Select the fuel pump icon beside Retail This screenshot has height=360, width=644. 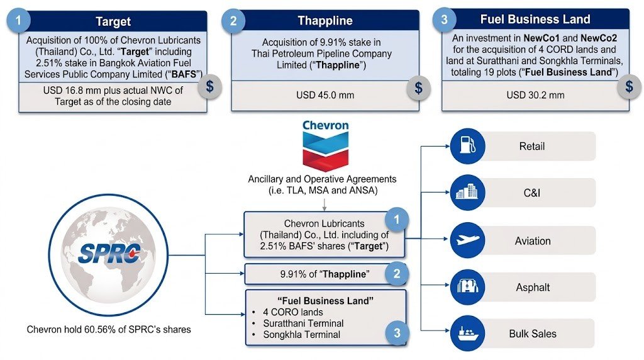(467, 147)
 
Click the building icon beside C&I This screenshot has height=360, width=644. (467, 193)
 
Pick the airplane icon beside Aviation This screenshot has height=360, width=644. (467, 240)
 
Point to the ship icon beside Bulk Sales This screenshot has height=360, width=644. (467, 333)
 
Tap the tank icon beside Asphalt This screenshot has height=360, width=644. (467, 287)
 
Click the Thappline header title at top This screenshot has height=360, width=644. (325, 20)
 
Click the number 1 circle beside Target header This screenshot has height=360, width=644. (19, 20)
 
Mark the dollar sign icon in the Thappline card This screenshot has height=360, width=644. (418, 87)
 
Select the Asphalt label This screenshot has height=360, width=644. (532, 287)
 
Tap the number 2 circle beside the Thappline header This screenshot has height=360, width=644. (233, 21)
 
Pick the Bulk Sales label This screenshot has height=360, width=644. (532, 333)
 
